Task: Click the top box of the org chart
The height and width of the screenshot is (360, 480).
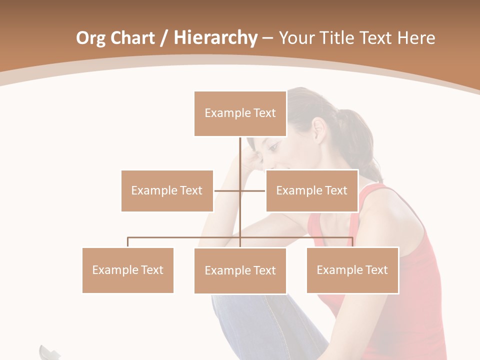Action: click(240, 113)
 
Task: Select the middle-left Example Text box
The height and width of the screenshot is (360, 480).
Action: click(167, 190)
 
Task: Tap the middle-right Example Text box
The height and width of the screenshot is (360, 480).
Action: click(311, 190)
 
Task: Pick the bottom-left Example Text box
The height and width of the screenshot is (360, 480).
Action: click(127, 270)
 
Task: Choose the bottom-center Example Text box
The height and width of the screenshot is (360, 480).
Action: click(240, 270)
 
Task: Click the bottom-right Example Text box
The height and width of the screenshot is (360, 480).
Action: click(352, 270)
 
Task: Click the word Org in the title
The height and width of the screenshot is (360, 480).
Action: click(90, 38)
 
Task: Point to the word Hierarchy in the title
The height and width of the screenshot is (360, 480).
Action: click(215, 38)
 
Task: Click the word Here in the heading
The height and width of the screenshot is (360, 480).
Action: click(416, 38)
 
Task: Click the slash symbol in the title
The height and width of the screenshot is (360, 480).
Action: click(163, 38)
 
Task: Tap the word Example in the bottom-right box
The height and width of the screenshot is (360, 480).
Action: click(334, 270)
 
